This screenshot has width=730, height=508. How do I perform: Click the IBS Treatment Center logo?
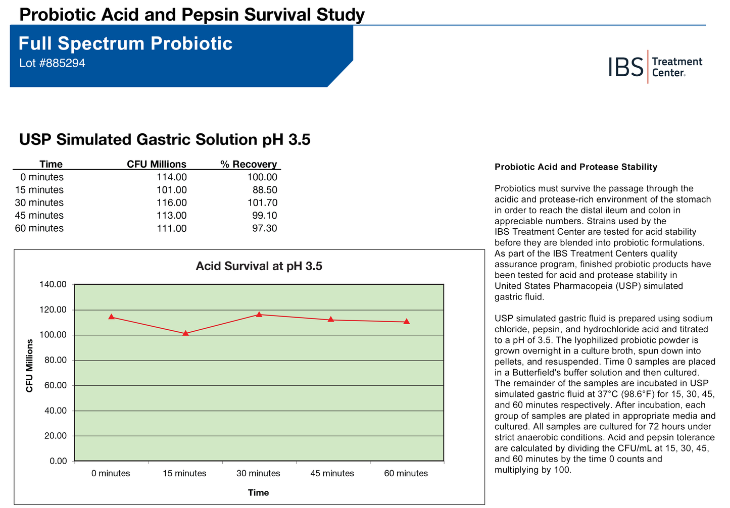[x=655, y=67]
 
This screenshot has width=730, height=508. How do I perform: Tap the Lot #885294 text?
[x=52, y=64]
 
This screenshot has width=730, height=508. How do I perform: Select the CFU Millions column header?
[x=156, y=164]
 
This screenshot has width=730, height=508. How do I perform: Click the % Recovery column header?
[x=249, y=164]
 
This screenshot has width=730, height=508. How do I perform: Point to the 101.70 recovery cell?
[x=262, y=202]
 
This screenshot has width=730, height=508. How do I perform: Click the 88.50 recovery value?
[x=265, y=190]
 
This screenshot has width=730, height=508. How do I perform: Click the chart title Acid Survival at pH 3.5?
[x=259, y=266]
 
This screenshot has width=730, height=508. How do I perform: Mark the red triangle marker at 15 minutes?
[x=185, y=333]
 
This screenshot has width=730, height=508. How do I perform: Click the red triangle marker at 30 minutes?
[x=259, y=315]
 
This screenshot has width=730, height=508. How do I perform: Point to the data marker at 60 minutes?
[x=407, y=322]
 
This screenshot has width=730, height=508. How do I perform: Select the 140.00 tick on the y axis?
[x=53, y=285]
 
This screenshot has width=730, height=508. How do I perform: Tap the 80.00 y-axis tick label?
[x=55, y=361]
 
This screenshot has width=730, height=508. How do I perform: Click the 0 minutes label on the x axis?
[x=111, y=474]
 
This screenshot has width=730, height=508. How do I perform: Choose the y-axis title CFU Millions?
[x=30, y=366]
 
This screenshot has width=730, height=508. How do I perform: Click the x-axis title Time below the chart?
[x=258, y=493]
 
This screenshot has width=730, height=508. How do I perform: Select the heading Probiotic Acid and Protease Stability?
[x=576, y=167]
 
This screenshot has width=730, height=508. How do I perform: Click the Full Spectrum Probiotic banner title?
[x=125, y=44]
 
